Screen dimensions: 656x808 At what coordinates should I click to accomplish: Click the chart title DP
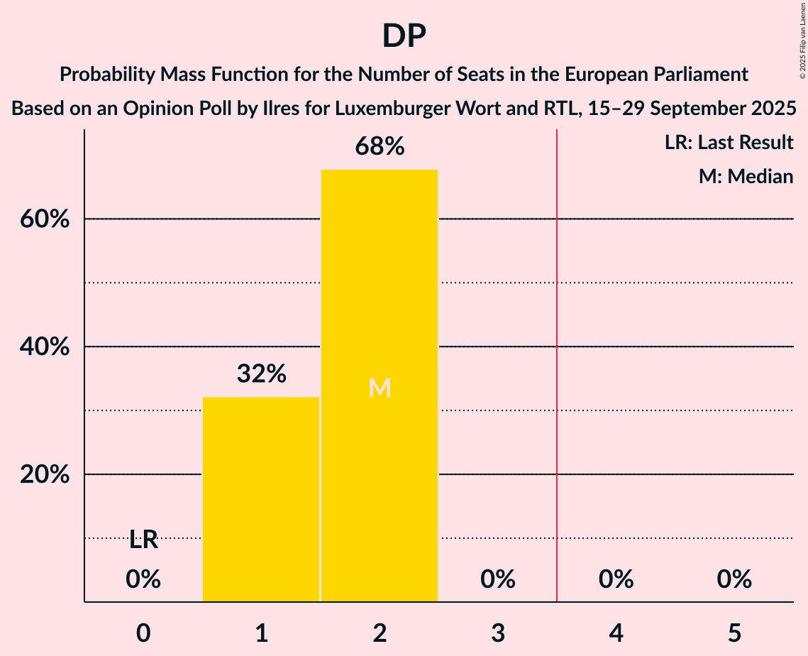coord(404,36)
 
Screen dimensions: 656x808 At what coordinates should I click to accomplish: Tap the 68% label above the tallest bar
coord(380,147)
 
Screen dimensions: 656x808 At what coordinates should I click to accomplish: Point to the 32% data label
coord(261,373)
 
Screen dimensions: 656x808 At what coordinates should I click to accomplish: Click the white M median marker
coord(380,388)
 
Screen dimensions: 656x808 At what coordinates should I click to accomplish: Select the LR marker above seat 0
coord(143,540)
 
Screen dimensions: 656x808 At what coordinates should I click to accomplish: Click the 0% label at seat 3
coord(497,579)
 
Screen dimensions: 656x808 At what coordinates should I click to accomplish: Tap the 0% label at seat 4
coord(616,579)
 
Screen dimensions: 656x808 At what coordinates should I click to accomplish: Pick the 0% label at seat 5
coord(734,579)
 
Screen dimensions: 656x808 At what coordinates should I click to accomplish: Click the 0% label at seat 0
coord(143,579)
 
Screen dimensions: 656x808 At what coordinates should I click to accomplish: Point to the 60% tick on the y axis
coord(45,219)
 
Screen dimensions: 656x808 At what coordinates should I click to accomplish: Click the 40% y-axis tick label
coord(45,347)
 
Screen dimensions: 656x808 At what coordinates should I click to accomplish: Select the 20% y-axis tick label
coord(45,475)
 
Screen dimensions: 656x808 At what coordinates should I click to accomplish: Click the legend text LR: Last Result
coord(729,143)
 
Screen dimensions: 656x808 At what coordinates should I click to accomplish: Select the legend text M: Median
coord(746,176)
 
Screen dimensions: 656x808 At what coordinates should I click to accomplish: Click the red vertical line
coord(557,355)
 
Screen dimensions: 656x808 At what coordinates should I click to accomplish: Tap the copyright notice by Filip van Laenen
coord(802,43)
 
